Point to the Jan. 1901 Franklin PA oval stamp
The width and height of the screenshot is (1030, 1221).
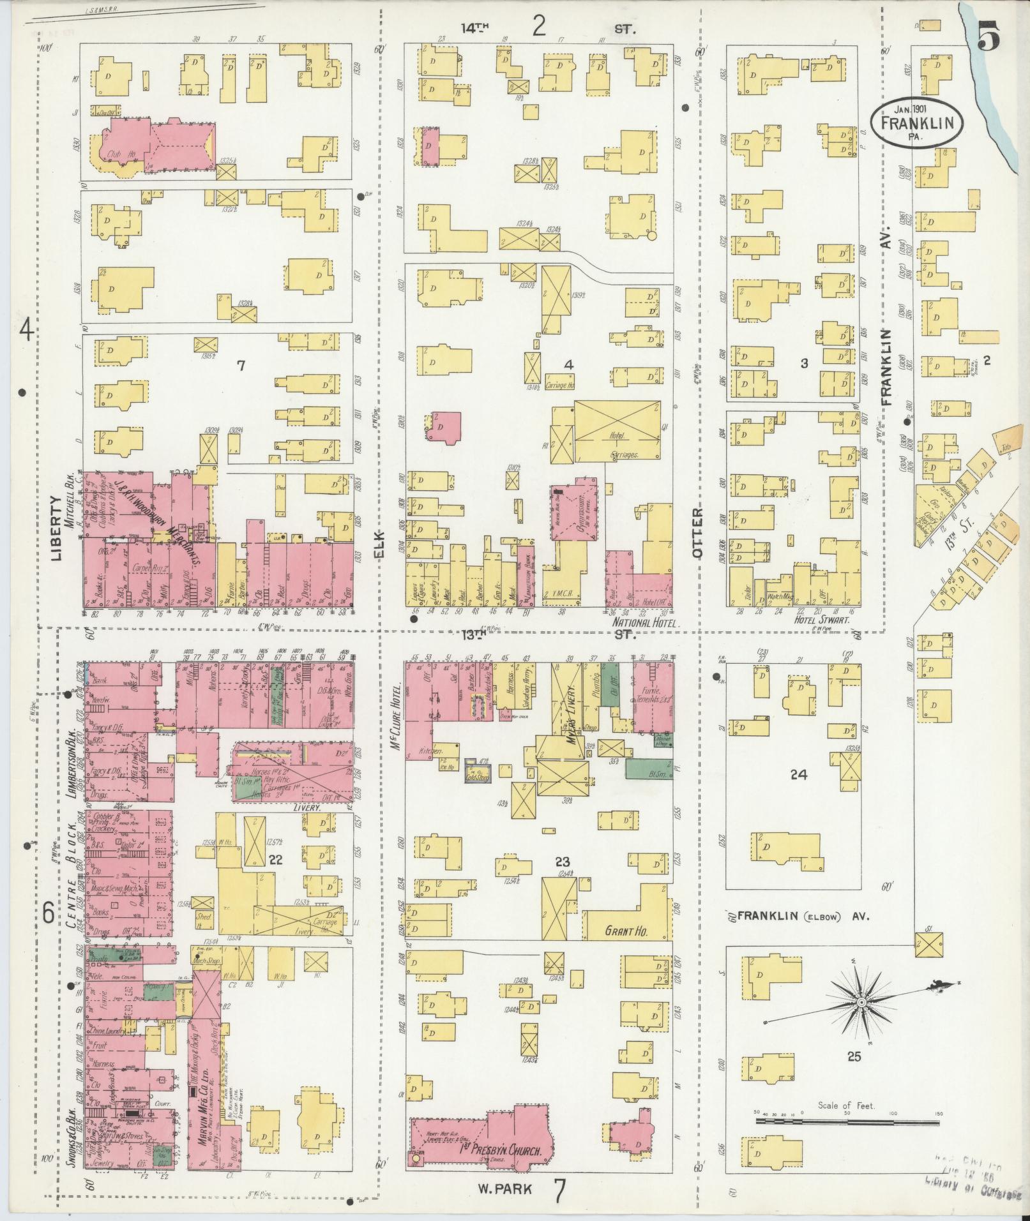(x=918, y=120)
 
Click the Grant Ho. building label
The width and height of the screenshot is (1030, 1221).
(x=626, y=932)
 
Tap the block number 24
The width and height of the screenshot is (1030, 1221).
(x=798, y=775)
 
